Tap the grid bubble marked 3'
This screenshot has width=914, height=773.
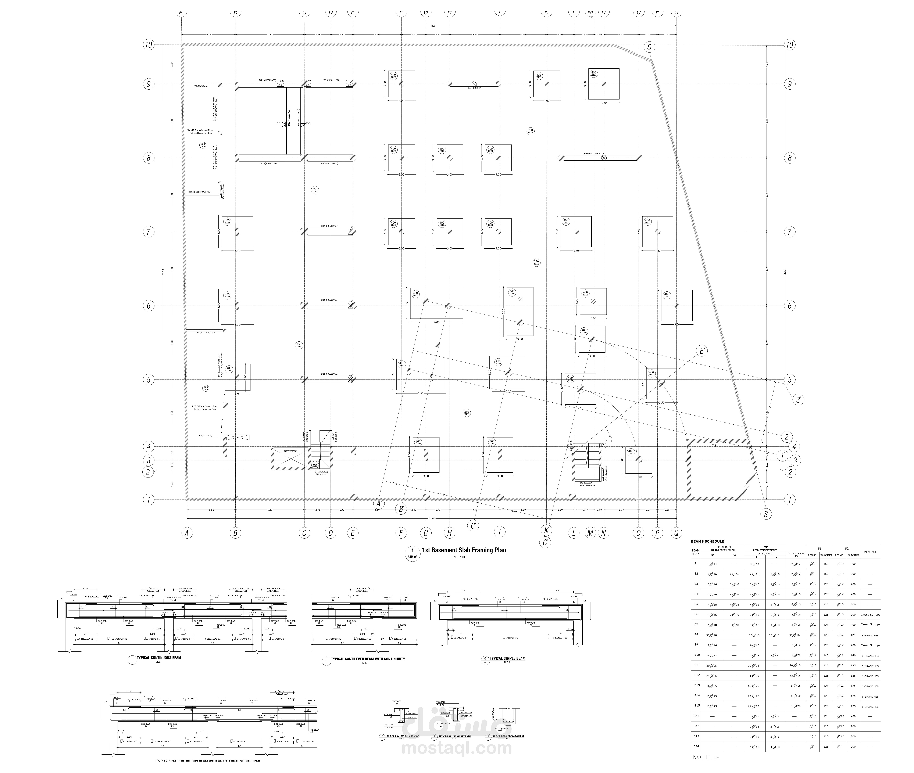pos(798,400)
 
